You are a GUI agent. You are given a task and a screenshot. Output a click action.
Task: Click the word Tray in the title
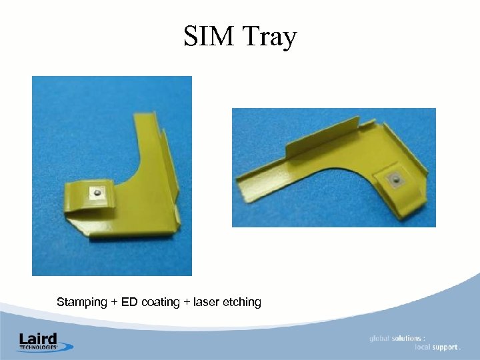click(269, 38)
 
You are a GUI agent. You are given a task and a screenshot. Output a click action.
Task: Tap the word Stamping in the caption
click(82, 302)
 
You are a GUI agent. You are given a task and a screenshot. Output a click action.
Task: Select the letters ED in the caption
click(129, 302)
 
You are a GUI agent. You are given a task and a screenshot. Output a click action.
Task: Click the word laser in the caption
click(207, 302)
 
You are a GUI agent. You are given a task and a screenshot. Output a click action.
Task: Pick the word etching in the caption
click(241, 303)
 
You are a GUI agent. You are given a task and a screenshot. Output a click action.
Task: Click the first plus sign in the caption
click(114, 303)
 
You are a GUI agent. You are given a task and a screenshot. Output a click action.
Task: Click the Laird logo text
click(38, 338)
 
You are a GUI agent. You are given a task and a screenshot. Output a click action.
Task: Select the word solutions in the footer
click(407, 338)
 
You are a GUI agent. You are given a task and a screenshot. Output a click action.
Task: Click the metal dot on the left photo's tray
click(98, 193)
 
